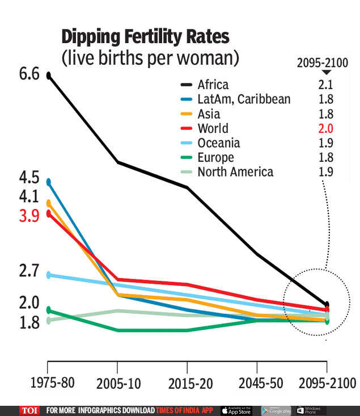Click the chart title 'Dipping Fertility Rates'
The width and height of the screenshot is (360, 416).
(x=145, y=37)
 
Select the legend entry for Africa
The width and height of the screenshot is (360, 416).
(x=213, y=85)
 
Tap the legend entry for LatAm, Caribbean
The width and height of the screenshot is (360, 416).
(x=244, y=99)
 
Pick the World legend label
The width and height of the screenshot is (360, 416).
(x=213, y=128)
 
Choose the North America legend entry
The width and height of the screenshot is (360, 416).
(x=235, y=172)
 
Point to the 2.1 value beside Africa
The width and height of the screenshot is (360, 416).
(x=325, y=85)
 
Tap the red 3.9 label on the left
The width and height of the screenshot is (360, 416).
(x=29, y=216)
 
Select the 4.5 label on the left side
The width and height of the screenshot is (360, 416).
(x=29, y=178)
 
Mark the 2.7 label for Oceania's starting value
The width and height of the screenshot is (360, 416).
(x=29, y=270)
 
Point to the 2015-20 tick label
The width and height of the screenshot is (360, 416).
(x=187, y=384)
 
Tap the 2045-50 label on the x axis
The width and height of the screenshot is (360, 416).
(x=257, y=384)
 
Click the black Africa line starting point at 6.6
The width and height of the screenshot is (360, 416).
(x=49, y=75)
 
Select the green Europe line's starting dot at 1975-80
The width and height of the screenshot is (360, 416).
(x=49, y=310)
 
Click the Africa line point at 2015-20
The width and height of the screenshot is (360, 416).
(x=187, y=187)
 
